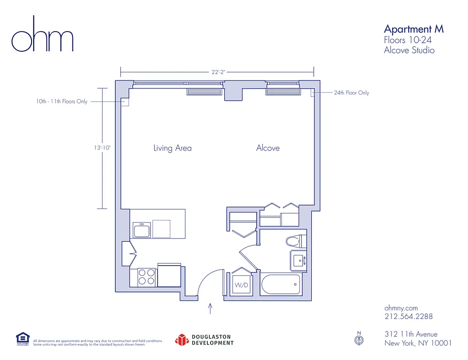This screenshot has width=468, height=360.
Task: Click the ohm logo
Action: pos(42,35)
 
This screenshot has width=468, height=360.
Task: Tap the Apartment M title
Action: pos(413,29)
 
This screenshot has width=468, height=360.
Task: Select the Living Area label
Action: pos(172,148)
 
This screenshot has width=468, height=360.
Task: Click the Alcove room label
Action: pos(268,148)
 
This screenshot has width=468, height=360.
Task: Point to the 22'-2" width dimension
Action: pos(217,71)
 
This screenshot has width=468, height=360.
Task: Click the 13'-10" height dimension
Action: pos(102,147)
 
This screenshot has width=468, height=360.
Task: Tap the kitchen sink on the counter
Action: pos(142,229)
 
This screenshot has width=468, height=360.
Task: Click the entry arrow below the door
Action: pos(210,308)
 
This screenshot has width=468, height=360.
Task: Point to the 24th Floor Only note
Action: pos(351,93)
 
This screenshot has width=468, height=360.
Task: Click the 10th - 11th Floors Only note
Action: pos(62,102)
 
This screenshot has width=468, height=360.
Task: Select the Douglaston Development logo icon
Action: pos(181,340)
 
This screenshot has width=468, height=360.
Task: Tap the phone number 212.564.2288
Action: pos(408,316)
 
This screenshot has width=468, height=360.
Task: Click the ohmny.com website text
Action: pos(400,308)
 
